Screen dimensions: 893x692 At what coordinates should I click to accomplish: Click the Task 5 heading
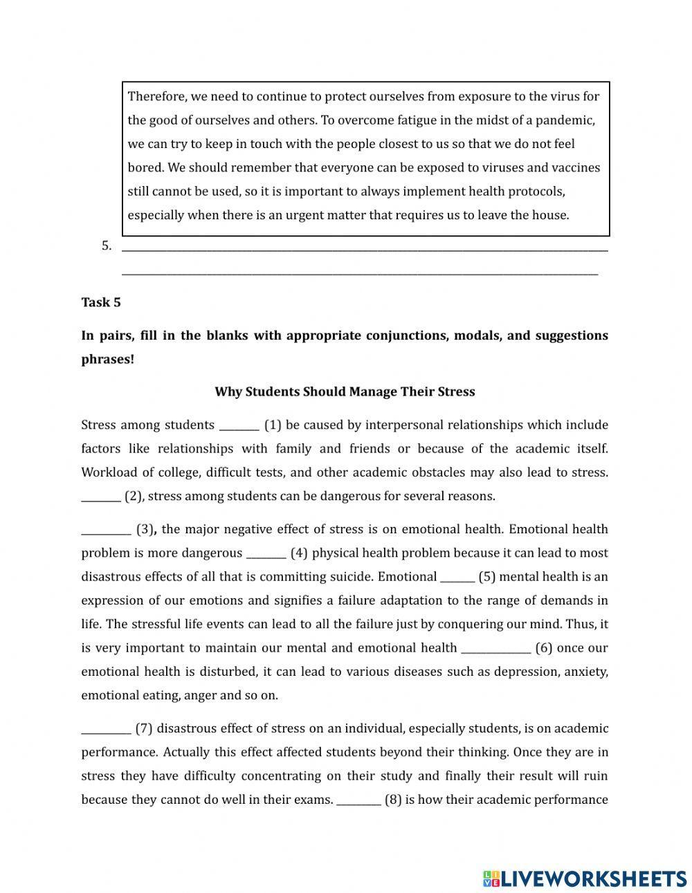(101, 302)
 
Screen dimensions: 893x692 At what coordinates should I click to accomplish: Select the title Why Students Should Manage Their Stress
(345, 392)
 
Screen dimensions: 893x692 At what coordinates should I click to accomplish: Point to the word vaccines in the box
(576, 167)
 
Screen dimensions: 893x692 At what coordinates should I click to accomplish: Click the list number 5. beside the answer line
(107, 246)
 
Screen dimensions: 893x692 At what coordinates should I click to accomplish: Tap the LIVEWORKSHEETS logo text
(593, 878)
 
